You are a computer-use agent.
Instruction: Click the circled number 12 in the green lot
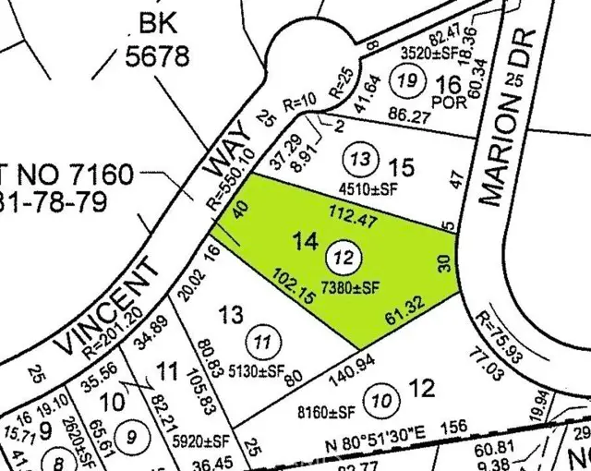click(344, 256)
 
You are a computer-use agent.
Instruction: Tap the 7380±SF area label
click(351, 288)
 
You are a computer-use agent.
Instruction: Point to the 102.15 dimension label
click(294, 285)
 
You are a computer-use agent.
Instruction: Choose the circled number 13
click(364, 160)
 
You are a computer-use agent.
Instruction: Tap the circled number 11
click(264, 343)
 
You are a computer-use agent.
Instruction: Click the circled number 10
click(380, 401)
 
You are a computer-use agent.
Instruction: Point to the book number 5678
click(157, 56)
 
